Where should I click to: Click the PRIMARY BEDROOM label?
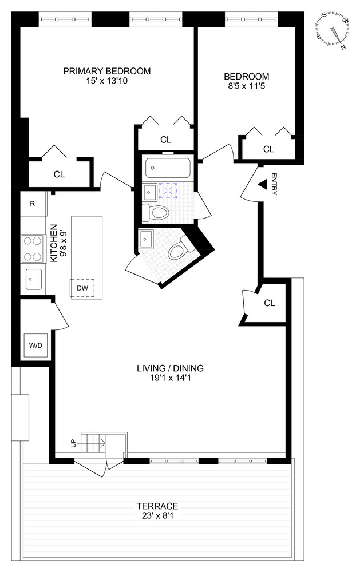point(106,71)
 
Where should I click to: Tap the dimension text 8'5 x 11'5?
point(246,86)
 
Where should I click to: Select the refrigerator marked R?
point(33,204)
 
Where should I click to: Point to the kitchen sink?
point(34,279)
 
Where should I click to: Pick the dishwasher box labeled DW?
point(82,288)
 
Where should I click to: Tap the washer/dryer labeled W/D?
point(35,345)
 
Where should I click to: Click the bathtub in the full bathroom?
point(168,168)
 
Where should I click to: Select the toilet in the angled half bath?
point(181,248)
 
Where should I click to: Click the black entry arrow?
point(262,185)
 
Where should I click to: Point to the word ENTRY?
point(274,184)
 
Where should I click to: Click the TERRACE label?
point(157,506)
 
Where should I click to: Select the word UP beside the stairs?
point(73,444)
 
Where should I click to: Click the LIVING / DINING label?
point(170,368)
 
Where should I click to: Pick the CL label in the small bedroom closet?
point(269,149)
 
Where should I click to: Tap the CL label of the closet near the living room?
point(270,303)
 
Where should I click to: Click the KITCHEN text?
point(54,243)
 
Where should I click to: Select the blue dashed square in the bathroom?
point(168,190)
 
